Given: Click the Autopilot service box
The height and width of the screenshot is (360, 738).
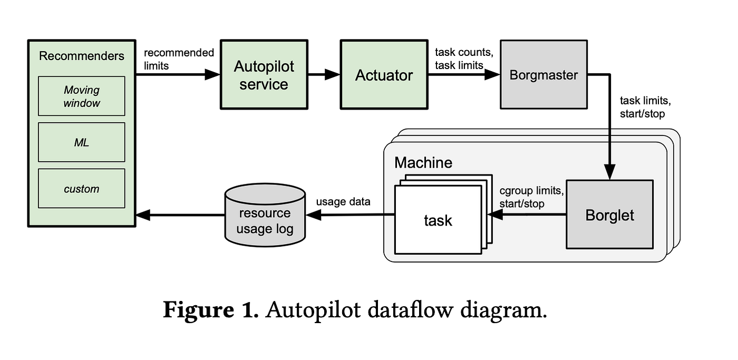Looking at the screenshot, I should tap(264, 75).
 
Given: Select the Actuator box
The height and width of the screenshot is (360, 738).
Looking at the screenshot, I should tap(384, 75).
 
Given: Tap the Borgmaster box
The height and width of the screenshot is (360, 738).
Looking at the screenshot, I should tap(543, 75).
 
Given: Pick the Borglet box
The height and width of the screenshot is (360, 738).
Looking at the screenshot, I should tap(609, 215).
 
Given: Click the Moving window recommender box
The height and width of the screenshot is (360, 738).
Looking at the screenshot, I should tap(82, 96).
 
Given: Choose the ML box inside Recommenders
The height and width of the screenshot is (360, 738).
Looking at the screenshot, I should tap(82, 142).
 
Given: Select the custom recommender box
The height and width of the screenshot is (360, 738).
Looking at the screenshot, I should tap(82, 188).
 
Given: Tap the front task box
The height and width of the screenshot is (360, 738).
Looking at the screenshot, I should tap(438, 220).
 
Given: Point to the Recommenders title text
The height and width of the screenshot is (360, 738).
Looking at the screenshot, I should tap(82, 56).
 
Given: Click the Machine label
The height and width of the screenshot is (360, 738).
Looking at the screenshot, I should tap(423, 162).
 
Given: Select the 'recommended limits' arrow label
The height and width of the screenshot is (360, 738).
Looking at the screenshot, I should tap(179, 59).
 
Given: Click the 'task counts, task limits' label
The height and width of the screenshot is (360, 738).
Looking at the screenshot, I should tap(463, 59).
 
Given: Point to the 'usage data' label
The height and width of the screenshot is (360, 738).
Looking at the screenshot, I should tap(343, 201).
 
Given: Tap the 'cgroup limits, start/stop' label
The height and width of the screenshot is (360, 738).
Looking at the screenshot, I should tap(531, 196).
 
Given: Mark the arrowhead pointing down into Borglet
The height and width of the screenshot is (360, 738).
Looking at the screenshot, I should tap(609, 173).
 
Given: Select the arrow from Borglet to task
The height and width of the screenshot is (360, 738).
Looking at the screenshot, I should tap(527, 215).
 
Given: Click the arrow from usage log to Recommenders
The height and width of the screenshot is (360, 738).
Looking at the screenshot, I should tap(180, 215).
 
